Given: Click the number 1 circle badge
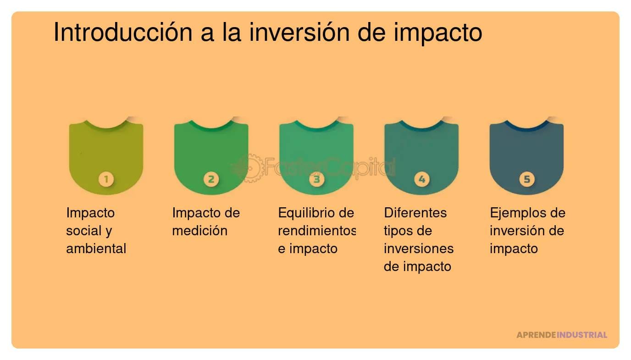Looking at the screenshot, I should click(106, 179).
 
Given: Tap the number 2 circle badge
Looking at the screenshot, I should click(211, 179).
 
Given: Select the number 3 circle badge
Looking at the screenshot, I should click(316, 179).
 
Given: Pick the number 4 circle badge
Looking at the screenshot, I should click(421, 179).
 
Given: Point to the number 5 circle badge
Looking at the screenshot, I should click(526, 179).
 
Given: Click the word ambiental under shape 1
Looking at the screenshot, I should click(96, 249).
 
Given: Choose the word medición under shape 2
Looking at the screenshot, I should click(199, 231).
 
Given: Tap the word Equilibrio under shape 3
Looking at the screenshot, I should click(307, 213).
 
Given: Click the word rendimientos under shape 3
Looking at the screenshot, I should click(317, 231).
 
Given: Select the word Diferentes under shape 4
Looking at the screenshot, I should click(415, 213).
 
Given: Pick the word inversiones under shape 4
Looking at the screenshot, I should click(418, 249).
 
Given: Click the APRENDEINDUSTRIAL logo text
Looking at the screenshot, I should click(562, 335).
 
